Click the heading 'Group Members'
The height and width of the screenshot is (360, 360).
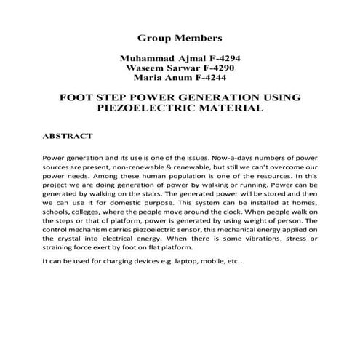click(x=179, y=36)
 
